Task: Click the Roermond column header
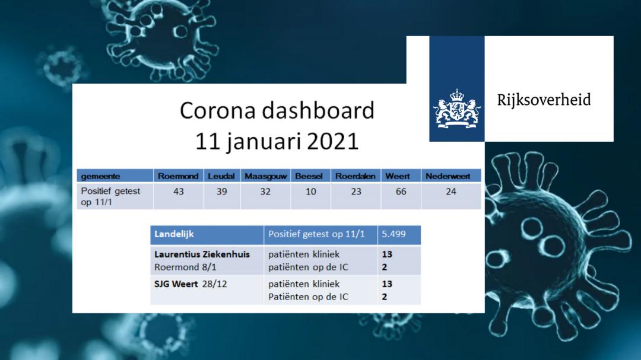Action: coord(178,176)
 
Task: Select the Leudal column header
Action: coord(221,176)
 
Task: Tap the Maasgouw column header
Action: coord(266,176)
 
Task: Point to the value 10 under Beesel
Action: coord(310,191)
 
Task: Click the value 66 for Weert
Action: coord(401,191)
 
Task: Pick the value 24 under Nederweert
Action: coord(451,191)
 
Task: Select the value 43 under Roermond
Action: coord(179,191)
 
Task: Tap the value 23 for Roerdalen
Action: coord(356,191)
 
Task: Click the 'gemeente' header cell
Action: coord(100,177)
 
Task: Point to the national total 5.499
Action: coord(394,234)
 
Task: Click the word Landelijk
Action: coord(174,234)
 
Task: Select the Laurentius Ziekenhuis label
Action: coord(202,254)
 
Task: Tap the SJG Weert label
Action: coord(176,283)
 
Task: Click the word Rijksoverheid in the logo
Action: coord(544,100)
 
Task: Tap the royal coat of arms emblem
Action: coord(456,109)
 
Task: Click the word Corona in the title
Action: coord(218,110)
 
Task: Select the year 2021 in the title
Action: coord(333,141)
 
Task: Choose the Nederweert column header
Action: coord(448,176)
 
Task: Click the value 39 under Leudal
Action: coord(221,191)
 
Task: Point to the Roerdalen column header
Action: coord(356,176)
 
